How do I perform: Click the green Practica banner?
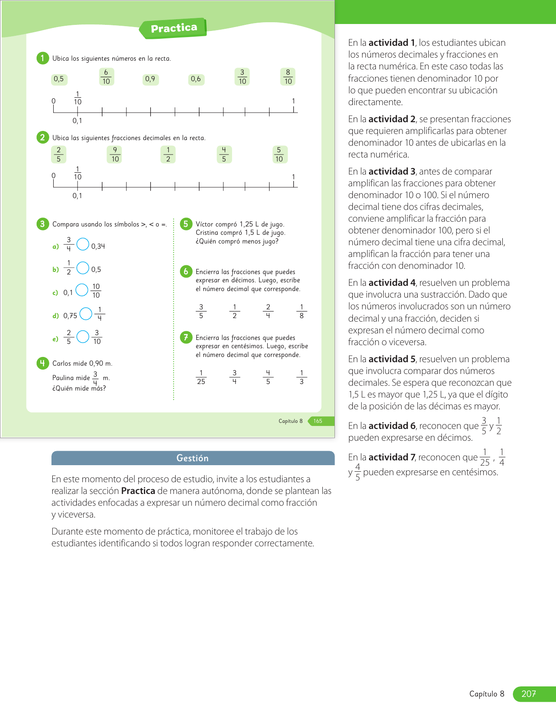click(x=174, y=28)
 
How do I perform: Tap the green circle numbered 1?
click(x=42, y=58)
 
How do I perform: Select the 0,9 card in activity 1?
click(x=150, y=79)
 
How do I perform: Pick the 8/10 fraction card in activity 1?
click(x=288, y=77)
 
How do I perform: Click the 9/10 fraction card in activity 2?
click(x=115, y=154)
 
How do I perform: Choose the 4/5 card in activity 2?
click(x=224, y=154)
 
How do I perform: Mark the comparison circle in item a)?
click(x=83, y=244)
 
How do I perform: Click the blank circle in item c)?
click(x=82, y=290)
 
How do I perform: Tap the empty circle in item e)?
click(x=83, y=337)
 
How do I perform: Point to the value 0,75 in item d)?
click(x=70, y=315)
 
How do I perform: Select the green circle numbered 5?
click(x=186, y=224)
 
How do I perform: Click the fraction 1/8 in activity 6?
click(x=301, y=312)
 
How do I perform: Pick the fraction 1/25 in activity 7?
click(x=201, y=377)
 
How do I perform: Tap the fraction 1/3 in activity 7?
click(x=301, y=377)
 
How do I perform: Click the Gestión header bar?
click(x=193, y=458)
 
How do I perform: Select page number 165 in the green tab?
click(x=318, y=421)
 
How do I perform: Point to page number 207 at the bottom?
click(x=529, y=694)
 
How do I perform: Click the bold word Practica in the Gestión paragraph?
click(x=138, y=491)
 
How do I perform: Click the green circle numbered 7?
click(x=186, y=337)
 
